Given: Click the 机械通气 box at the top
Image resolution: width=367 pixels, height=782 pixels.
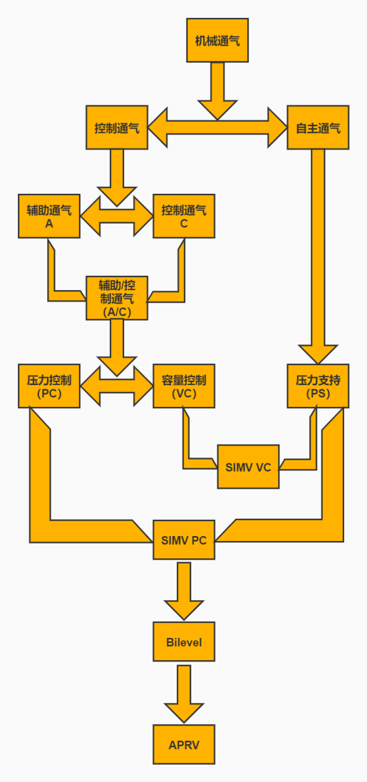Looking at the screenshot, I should tap(217, 40).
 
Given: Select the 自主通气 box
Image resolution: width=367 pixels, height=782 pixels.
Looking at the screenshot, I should tap(318, 128).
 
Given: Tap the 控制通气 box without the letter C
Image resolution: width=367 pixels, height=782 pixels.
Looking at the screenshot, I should tap(117, 128).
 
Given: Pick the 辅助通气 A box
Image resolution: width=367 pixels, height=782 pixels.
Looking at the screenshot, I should tap(49, 216).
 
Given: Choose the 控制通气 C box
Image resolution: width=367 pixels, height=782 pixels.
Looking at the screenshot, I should tap(184, 216).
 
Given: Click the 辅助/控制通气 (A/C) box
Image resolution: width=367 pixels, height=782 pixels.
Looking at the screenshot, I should tap(117, 298).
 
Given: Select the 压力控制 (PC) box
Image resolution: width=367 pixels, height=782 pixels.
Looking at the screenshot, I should tap(49, 386).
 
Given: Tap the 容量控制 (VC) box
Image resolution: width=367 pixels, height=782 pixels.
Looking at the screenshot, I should tap(184, 386).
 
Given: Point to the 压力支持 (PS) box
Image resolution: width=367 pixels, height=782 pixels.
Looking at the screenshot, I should tap(318, 386).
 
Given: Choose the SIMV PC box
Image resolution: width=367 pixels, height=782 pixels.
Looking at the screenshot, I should tap(184, 540).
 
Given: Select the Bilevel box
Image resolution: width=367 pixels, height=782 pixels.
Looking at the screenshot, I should tap(184, 641).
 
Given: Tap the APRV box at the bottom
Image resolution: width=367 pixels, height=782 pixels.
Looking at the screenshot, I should tap(184, 744).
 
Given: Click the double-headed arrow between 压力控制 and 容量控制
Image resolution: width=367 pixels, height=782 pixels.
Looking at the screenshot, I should tap(117, 386).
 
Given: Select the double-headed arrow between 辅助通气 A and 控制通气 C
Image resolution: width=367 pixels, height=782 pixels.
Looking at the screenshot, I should tap(117, 217).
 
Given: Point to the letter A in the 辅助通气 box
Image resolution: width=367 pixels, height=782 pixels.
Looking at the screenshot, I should tap(49, 224).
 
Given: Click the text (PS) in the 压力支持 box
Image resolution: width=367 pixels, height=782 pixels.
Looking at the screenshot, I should tap(318, 394).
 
